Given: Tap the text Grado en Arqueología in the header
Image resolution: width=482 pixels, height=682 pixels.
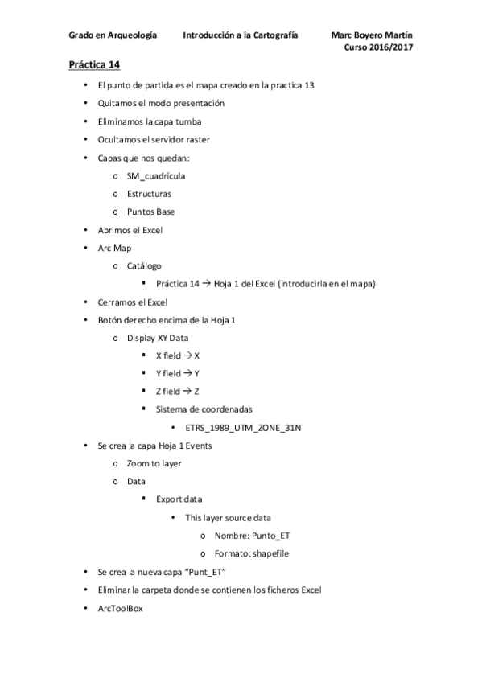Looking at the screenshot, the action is point(113,35).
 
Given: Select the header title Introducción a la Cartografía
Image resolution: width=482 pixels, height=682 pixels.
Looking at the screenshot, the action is point(241,35).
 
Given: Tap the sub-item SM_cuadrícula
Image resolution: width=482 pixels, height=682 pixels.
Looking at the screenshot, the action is point(157,175).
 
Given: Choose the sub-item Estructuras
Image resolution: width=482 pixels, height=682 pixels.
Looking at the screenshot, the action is point(149,194).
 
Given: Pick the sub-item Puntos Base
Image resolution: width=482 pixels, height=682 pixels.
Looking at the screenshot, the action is point(150,212).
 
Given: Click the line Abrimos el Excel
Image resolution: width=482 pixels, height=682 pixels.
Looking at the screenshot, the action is point(130,230).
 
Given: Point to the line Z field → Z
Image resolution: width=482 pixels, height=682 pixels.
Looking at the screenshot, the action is point(178,391).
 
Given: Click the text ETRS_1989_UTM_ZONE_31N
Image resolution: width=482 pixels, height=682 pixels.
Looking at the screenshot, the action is point(243,427).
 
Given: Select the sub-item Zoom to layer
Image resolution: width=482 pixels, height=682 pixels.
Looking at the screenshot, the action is point(154,463).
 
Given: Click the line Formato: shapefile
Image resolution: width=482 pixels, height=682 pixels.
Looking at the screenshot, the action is point(252,553).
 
